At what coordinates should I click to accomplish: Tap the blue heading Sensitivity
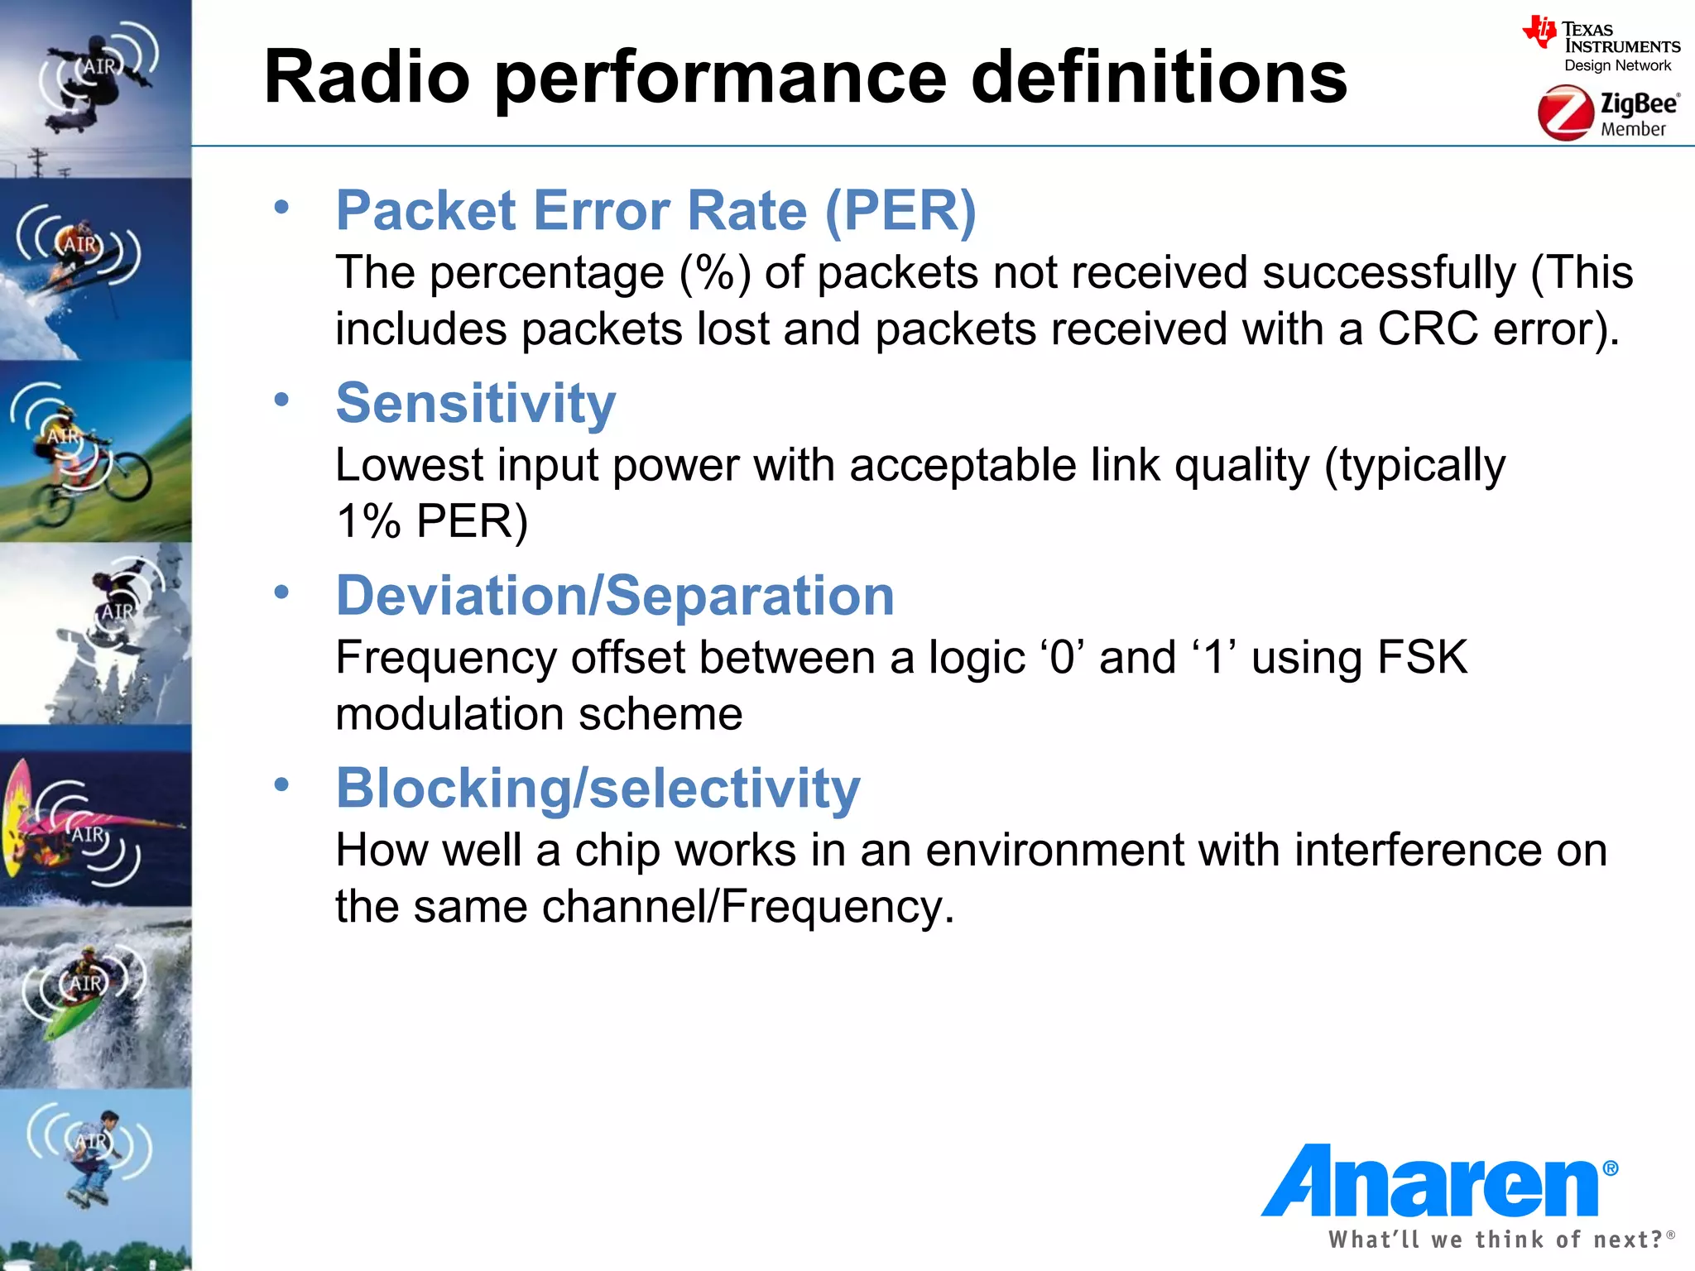coord(476,403)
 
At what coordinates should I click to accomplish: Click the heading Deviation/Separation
coord(615,596)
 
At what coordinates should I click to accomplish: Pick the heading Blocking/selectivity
coord(598,788)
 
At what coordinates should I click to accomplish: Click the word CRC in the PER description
coord(1427,329)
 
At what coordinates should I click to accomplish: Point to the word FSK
coord(1422,658)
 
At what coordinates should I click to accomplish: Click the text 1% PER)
coord(431,521)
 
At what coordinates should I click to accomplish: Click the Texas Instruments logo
coord(1601,46)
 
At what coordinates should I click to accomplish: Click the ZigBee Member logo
coord(1607,113)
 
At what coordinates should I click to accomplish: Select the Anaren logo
coord(1436,1182)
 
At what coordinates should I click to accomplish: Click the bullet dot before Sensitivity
coord(281,400)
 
